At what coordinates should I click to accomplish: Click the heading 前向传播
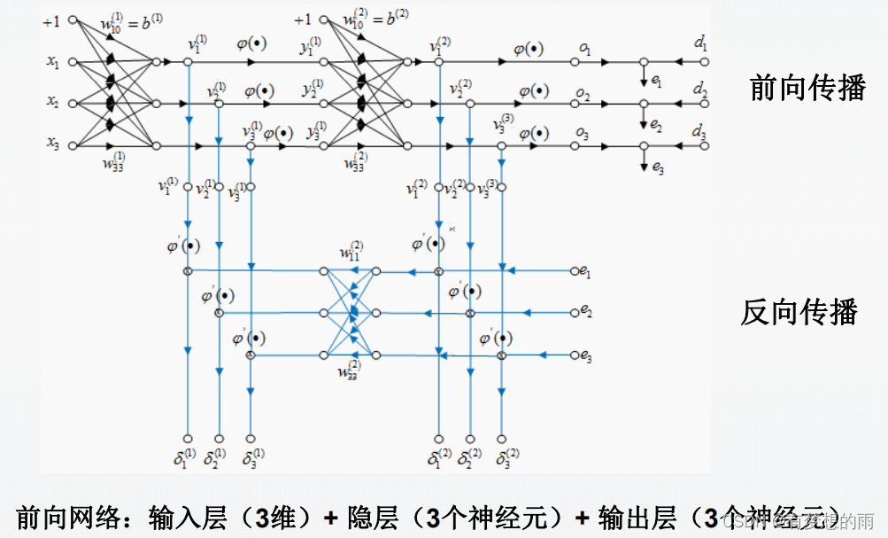click(807, 89)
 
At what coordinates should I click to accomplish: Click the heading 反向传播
click(799, 312)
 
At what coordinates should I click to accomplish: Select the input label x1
click(53, 63)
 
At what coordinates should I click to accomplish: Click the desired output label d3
click(700, 133)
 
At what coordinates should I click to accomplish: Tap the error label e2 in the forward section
click(655, 126)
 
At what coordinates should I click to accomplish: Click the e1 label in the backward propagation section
click(586, 273)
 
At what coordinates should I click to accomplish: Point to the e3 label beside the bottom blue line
click(586, 355)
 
